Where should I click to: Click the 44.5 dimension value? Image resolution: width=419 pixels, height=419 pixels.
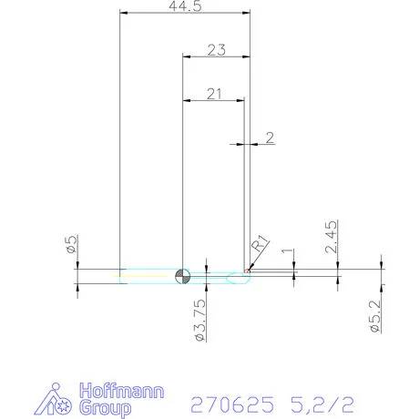click(185, 6)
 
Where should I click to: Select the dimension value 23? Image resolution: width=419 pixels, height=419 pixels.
click(216, 51)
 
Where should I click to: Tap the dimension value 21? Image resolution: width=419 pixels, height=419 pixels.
click(215, 93)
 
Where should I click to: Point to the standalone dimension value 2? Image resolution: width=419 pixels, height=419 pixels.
click(270, 138)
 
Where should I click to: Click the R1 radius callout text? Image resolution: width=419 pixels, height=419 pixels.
click(260, 243)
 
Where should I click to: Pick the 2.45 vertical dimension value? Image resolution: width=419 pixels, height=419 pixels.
click(332, 235)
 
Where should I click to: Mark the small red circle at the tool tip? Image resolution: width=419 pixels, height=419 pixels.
click(247, 270)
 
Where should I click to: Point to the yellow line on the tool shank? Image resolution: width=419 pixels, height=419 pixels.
click(146, 273)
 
